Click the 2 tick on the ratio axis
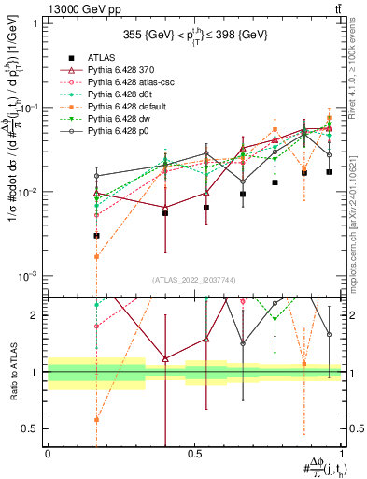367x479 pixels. (35, 315)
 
